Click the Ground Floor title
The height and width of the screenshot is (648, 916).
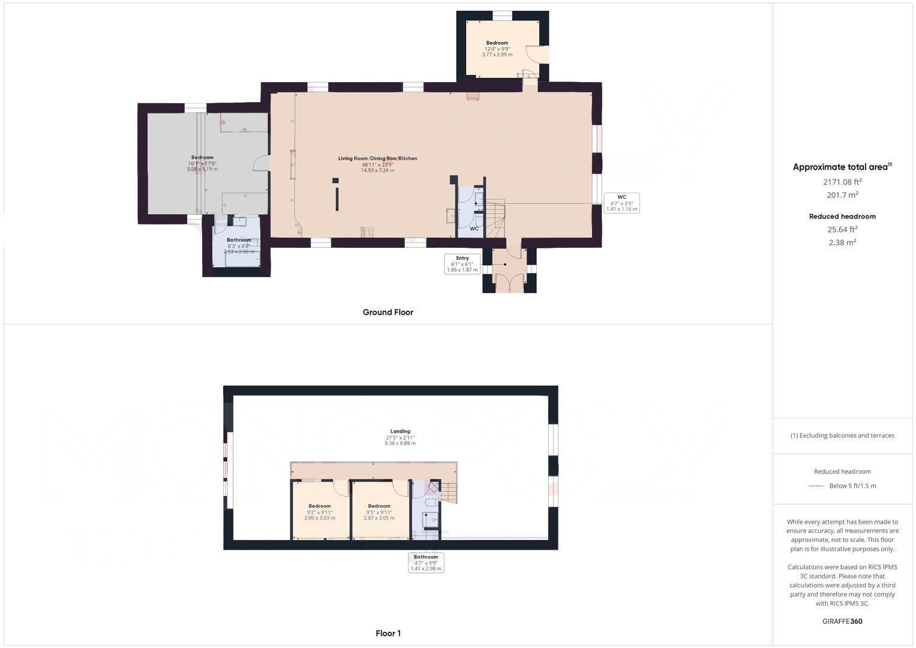pos(388,312)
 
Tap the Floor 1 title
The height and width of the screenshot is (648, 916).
pos(388,633)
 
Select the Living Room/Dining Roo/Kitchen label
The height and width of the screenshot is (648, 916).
pos(377,158)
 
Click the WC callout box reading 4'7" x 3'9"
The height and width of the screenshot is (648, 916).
pos(621,203)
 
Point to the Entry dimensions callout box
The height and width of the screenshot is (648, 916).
pos(462,264)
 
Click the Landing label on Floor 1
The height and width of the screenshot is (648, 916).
pos(400,431)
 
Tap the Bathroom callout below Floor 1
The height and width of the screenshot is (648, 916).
pos(426,563)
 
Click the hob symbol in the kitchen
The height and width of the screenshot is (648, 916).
pos(367,232)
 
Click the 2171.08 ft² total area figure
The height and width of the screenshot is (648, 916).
pos(842,182)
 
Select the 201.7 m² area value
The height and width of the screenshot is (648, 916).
pos(842,195)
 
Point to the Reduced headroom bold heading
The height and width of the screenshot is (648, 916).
pos(842,217)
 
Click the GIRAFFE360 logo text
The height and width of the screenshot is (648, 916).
pos(842,622)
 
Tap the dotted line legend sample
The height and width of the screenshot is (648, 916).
pos(816,486)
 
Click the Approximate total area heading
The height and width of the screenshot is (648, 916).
pos(842,167)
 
